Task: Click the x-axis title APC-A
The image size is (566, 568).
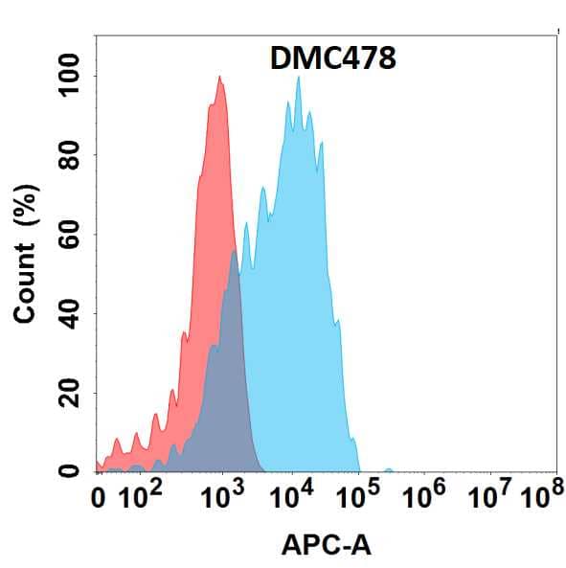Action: [x=326, y=546]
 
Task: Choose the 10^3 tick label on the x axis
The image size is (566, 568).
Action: [x=221, y=496]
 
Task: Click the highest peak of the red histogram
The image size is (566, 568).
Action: [x=220, y=78]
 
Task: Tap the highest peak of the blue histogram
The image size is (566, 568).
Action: [x=299, y=79]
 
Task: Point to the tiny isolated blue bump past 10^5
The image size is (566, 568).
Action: [x=388, y=469]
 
